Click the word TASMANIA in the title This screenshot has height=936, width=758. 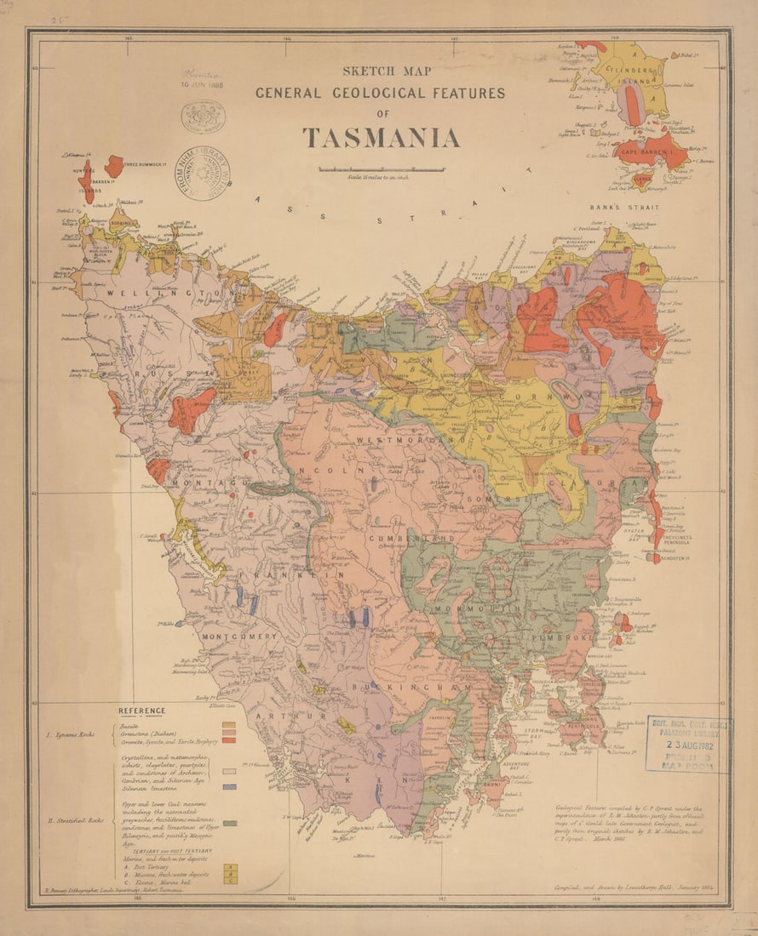[381, 138]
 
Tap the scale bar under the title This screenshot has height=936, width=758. [381, 169]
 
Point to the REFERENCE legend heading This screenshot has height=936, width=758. [142, 711]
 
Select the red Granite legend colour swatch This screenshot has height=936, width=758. [227, 741]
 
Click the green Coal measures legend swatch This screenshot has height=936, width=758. [228, 824]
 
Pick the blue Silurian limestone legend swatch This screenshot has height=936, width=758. [228, 787]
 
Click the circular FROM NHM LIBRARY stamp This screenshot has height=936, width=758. [202, 174]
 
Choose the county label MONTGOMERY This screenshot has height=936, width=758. [239, 636]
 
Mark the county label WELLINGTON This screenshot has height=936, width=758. [170, 293]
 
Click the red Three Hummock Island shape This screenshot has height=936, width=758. [113, 165]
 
